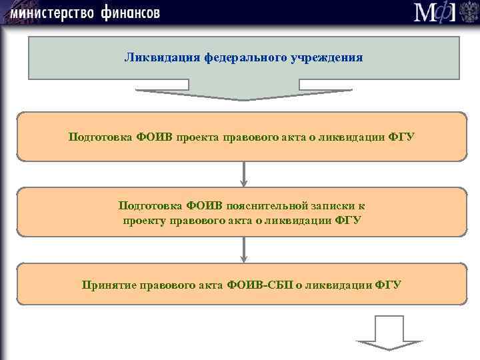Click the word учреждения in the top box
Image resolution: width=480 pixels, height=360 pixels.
coord(327,57)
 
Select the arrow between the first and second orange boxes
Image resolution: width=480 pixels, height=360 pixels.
coord(244,174)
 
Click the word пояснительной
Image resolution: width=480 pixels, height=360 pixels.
coord(267,206)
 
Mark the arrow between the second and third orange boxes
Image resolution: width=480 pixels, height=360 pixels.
coord(244,249)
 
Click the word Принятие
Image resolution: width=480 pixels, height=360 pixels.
coord(108,285)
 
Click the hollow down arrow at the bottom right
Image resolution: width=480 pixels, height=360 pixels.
coord(389,333)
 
